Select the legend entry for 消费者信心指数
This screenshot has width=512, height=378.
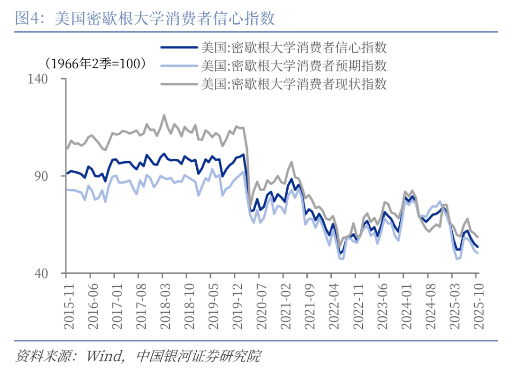pos(294,47)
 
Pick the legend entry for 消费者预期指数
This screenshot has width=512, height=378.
pos(294,65)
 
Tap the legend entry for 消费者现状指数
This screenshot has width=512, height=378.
pos(294,84)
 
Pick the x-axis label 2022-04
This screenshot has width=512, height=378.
pos(333,304)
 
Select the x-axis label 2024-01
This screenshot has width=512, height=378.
pos(406,304)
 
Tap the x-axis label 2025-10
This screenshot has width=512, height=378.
pos(478,304)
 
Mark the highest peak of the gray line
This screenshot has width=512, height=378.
pos(164,115)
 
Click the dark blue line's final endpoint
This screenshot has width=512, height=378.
pos(477,247)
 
